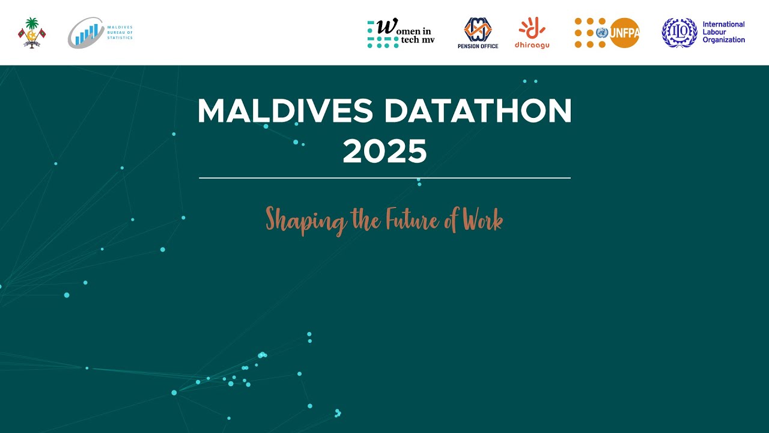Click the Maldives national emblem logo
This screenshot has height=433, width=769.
(32, 32)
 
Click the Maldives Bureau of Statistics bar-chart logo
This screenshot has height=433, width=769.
(87, 33)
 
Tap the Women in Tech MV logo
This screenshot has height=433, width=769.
(401, 33)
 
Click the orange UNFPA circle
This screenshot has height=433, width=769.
(624, 32)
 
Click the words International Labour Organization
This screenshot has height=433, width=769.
(723, 32)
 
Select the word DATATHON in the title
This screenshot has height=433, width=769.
(478, 111)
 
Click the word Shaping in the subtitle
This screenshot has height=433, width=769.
(306, 221)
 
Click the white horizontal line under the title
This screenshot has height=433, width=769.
(384, 178)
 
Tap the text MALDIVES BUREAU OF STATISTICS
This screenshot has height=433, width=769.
(119, 32)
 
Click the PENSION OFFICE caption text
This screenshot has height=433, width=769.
(478, 46)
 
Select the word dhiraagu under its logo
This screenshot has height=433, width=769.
(532, 45)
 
